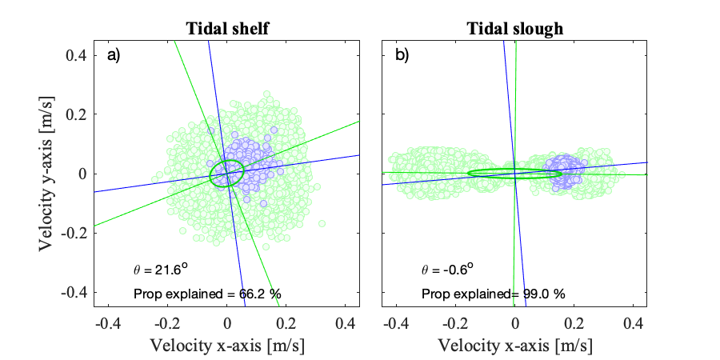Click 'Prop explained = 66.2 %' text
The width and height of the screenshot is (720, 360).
[207, 294]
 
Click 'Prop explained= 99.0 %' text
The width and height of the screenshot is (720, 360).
[494, 294]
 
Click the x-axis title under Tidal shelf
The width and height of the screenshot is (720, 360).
[227, 346]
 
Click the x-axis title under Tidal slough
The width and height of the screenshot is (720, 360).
[514, 346]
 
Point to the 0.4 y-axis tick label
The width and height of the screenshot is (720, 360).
[77, 55]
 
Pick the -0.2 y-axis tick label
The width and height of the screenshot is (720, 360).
[74, 233]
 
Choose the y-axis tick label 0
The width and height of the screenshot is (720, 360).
[82, 174]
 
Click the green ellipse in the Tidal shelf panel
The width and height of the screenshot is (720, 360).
[211, 174]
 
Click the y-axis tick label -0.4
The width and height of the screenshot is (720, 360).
[74, 292]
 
